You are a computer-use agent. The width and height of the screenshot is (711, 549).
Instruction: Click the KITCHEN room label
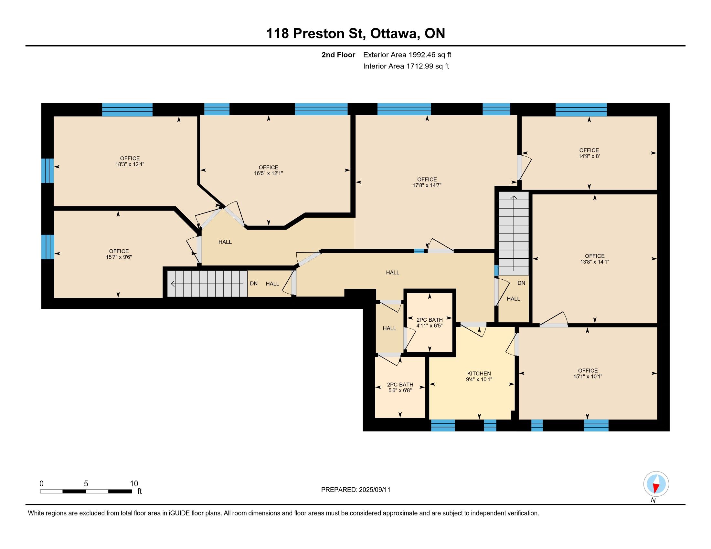(479, 373)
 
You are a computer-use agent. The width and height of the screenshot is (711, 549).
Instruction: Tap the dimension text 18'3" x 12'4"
(130, 164)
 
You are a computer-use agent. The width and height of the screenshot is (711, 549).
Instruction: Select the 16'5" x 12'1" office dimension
(269, 173)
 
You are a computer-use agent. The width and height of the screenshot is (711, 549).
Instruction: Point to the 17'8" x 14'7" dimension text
(427, 185)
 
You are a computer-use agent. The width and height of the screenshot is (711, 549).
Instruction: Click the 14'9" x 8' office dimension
(589, 156)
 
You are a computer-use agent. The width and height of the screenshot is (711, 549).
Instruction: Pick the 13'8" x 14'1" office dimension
(594, 262)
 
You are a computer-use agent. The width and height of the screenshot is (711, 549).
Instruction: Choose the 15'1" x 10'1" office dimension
(588, 376)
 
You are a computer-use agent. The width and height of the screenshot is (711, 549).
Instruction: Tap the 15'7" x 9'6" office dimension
(119, 257)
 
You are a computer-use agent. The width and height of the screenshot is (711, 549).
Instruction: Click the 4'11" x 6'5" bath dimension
(430, 326)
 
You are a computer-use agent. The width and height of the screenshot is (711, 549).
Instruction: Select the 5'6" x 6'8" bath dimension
(400, 390)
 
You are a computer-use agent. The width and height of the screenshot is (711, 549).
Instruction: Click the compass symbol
(656, 484)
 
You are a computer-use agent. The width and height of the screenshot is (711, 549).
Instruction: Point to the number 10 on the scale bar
(134, 484)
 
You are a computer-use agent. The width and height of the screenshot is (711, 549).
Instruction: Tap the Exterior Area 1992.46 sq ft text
(407, 55)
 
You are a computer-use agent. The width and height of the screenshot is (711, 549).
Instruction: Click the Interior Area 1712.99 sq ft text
(406, 66)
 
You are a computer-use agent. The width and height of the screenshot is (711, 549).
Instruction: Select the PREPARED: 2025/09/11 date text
(355, 490)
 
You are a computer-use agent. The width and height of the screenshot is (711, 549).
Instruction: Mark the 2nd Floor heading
(338, 55)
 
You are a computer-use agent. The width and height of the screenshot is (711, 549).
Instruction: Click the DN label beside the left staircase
(254, 284)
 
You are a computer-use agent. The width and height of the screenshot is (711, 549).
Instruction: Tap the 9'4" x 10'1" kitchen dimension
(479, 379)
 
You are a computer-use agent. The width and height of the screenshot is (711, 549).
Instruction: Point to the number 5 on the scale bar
(86, 484)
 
